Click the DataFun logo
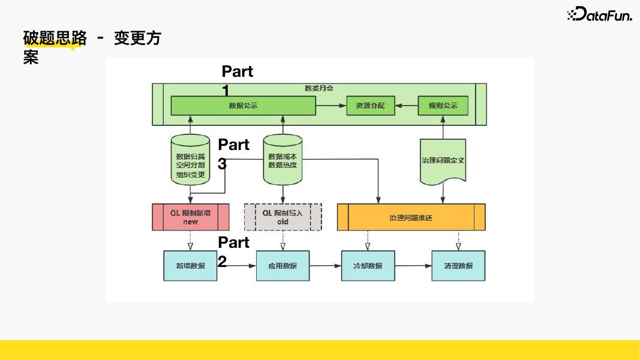pos(599,15)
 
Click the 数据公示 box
pos(243,106)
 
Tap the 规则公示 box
pos(443,106)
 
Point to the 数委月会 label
pos(319,88)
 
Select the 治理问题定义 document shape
pos(443,161)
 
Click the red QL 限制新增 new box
pos(190,217)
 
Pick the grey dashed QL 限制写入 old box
pos(283,217)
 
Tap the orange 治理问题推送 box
pos(411,217)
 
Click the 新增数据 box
pos(190,266)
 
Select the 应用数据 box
pos(283,266)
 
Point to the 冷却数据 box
pos(368,266)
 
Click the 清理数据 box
pos(458,266)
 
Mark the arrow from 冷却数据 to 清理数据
pos(413,266)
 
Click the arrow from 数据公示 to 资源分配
pos(331,106)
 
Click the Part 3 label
pos(233,153)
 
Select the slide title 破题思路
pos(55,39)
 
